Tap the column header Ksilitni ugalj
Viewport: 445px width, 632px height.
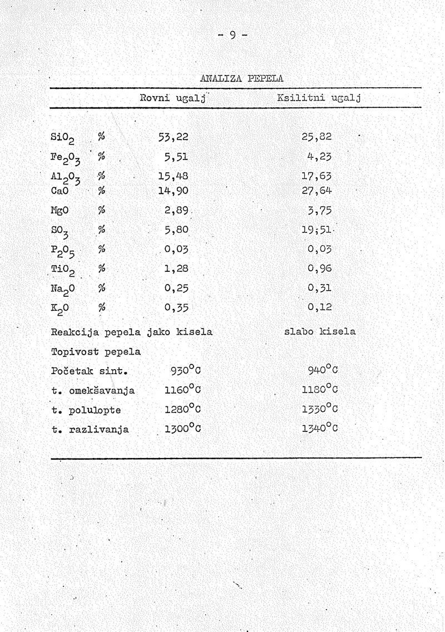pos(319,98)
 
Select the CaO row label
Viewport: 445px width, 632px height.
pos(61,191)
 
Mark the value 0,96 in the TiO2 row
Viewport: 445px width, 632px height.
pos(320,267)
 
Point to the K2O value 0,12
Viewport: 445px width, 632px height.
pos(320,306)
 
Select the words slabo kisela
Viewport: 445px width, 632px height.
pos(320,332)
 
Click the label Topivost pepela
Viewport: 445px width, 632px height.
pos(96,352)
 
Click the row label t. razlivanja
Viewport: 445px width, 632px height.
pos(90,430)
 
